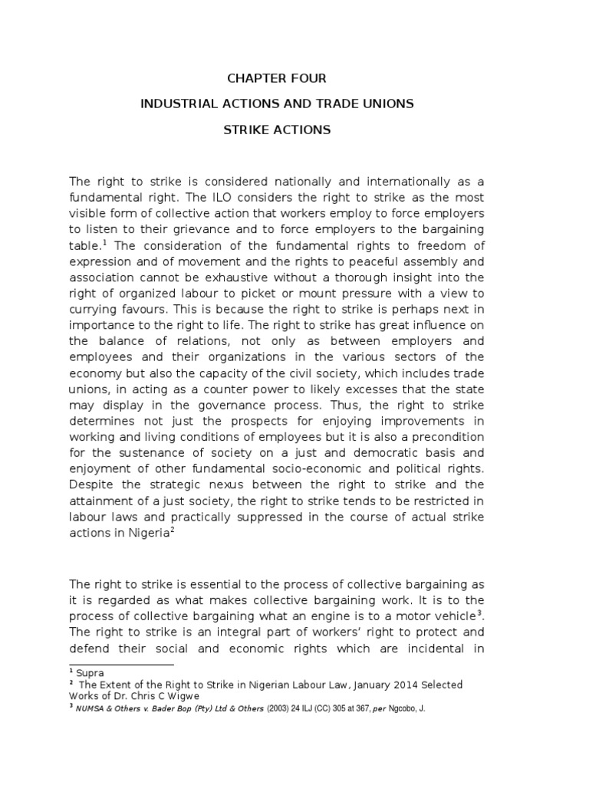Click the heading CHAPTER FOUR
click(277, 78)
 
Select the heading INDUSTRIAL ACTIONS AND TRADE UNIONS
click(277, 103)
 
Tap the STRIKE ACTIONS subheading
click(277, 130)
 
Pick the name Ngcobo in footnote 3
click(393, 708)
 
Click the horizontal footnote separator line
click(122, 664)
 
